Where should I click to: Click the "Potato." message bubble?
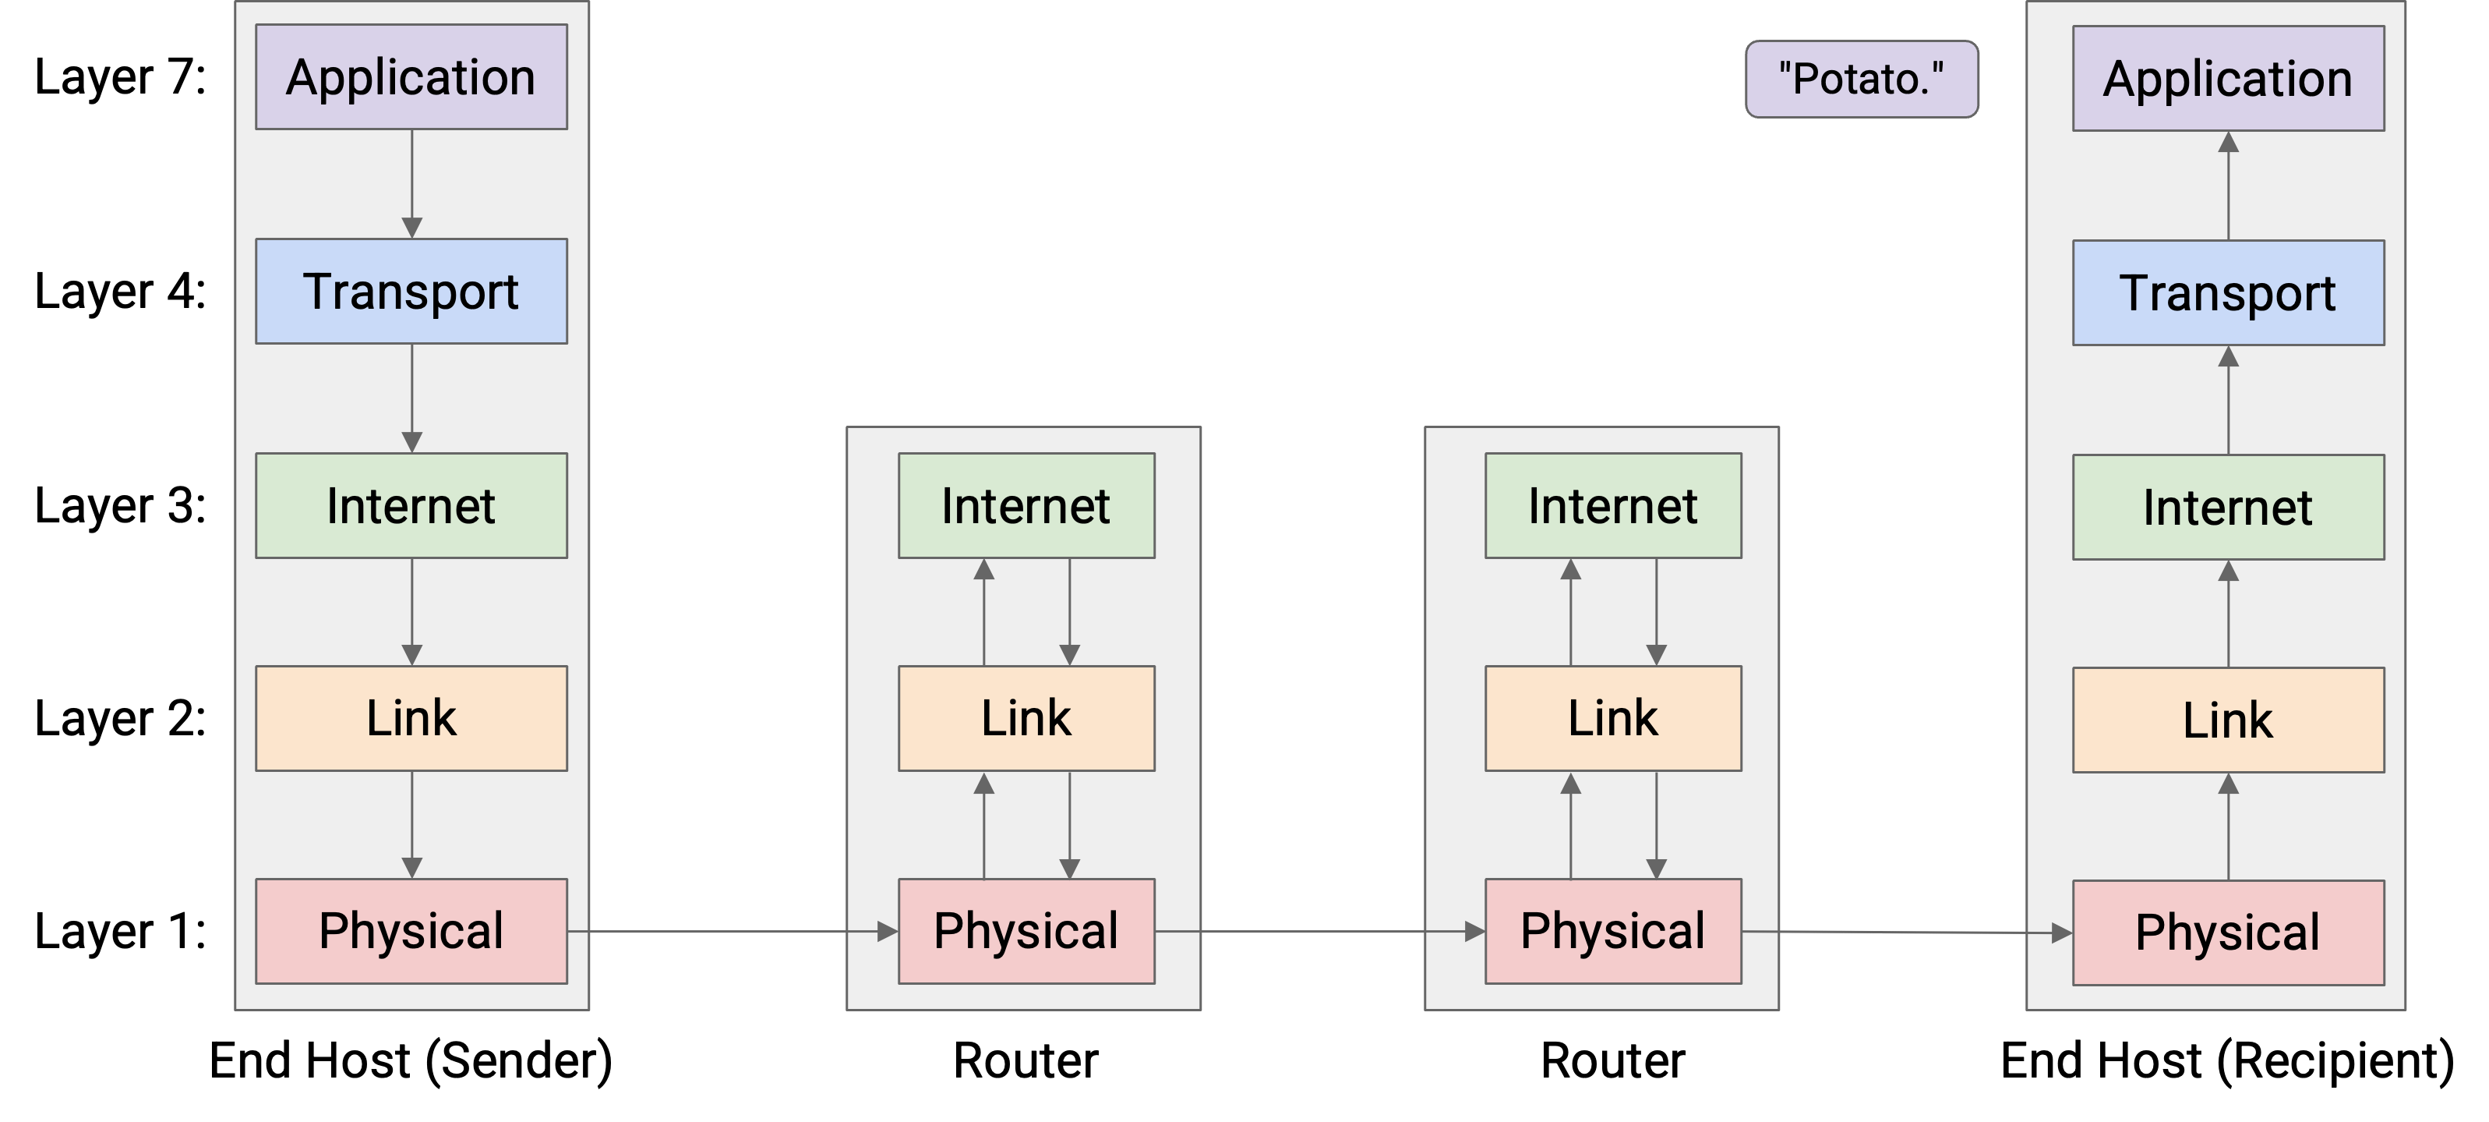click(x=1861, y=80)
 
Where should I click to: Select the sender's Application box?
click(x=411, y=77)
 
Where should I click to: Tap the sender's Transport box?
click(x=411, y=292)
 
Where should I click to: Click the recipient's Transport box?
click(x=2228, y=293)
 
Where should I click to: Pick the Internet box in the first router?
click(x=1026, y=505)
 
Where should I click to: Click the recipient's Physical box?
click(x=2228, y=933)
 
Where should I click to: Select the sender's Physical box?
click(x=411, y=932)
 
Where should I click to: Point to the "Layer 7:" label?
click(x=121, y=77)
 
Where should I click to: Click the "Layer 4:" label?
click(x=121, y=292)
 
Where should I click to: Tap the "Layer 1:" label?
click(x=121, y=932)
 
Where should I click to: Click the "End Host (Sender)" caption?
click(x=411, y=1061)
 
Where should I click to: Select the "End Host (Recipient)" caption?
click(x=2228, y=1061)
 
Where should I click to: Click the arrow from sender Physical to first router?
click(x=733, y=932)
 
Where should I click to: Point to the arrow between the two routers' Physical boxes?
click(x=1320, y=932)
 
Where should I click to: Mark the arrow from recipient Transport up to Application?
click(x=2228, y=186)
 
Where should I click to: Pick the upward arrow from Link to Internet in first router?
click(x=983, y=612)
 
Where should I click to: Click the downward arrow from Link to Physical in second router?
click(x=1656, y=825)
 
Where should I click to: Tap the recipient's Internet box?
click(x=2228, y=508)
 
